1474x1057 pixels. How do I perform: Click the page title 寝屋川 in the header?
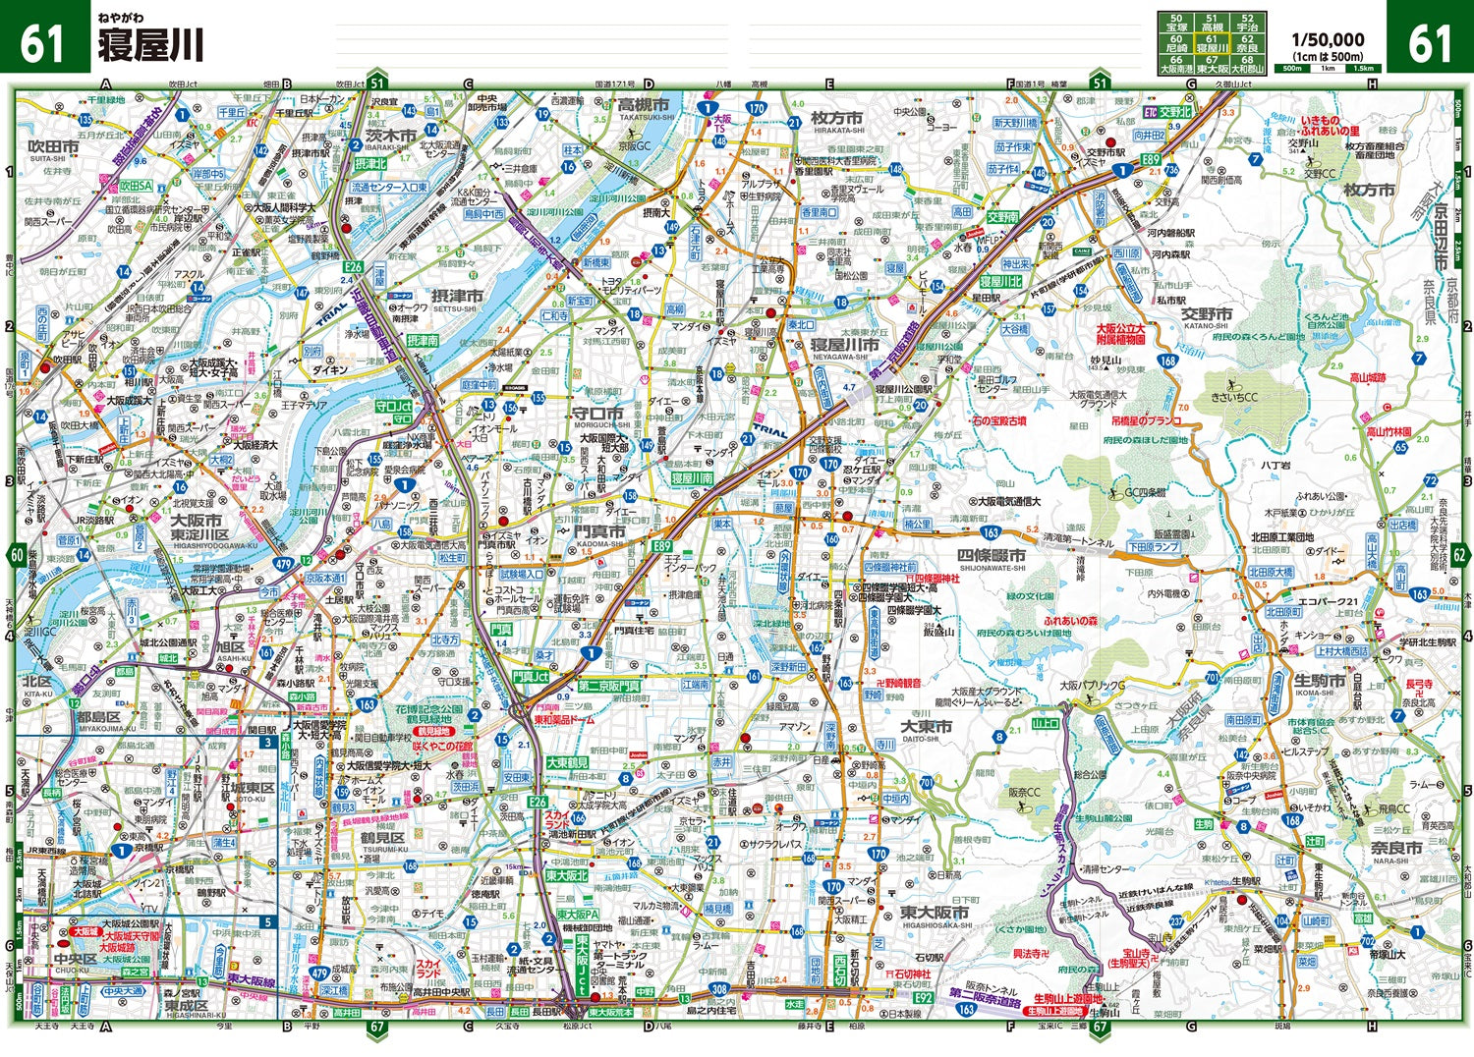pyautogui.click(x=149, y=45)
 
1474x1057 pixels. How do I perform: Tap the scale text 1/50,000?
pyautogui.click(x=1328, y=40)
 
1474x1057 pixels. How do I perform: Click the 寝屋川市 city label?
pyautogui.click(x=844, y=346)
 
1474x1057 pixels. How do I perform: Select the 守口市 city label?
pyautogui.click(x=598, y=414)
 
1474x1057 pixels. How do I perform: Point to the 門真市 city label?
pyautogui.click(x=599, y=531)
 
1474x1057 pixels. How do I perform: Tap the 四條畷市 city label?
pyautogui.click(x=992, y=555)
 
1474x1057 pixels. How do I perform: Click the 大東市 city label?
pyautogui.click(x=928, y=727)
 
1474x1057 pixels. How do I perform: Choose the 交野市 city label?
pyautogui.click(x=1207, y=314)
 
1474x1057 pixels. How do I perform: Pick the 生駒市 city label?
pyautogui.click(x=1319, y=681)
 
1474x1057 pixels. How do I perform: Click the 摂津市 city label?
pyautogui.click(x=457, y=296)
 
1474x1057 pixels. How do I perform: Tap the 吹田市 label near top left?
pyautogui.click(x=54, y=146)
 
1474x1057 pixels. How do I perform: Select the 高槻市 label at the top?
pyautogui.click(x=644, y=104)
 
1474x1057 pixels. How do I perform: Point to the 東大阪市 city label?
pyautogui.click(x=935, y=914)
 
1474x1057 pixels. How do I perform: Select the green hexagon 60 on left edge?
pyautogui.click(x=17, y=555)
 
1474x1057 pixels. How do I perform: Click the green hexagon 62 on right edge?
pyautogui.click(x=1459, y=555)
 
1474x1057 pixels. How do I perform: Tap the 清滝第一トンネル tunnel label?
pyautogui.click(x=1078, y=542)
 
